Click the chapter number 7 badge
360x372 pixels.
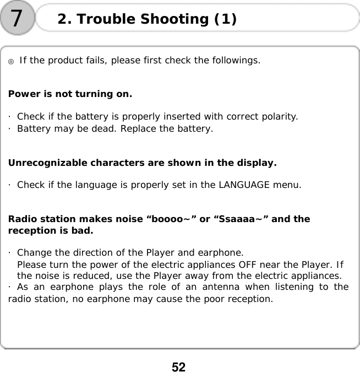coord(17,19)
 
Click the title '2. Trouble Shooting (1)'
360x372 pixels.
coord(147,19)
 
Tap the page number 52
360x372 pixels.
coord(179,366)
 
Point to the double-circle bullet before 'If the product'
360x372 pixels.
coord(11,61)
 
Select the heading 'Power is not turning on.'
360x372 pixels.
coord(70,94)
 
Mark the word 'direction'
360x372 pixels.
coord(70,253)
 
